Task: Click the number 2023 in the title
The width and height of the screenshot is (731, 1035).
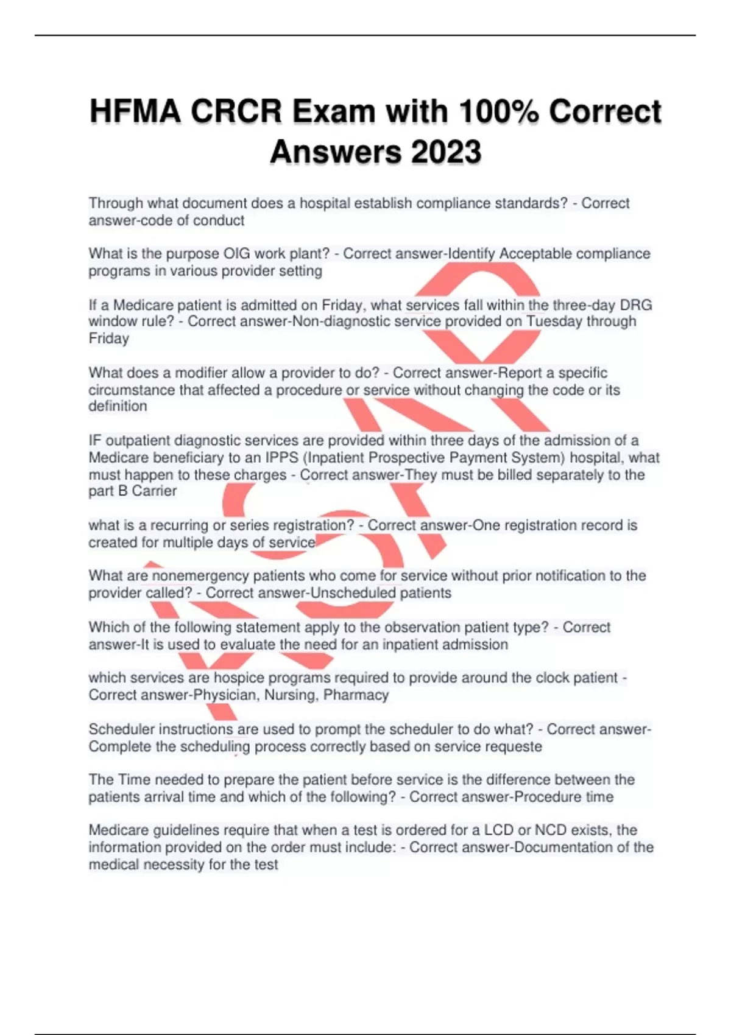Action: coord(447,152)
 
